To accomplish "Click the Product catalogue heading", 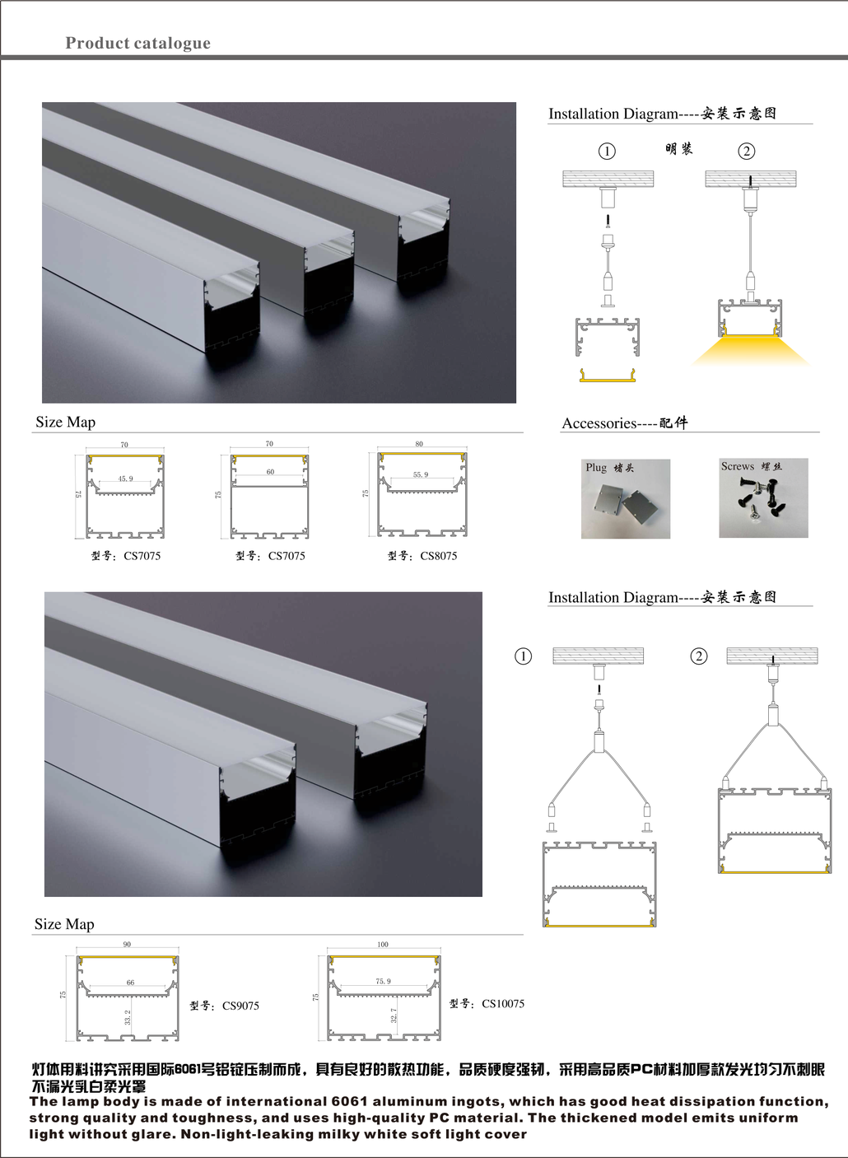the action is click(138, 43).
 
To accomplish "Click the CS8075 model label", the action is click(422, 556).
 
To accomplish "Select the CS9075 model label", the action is click(224, 1006).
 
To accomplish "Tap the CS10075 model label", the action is click(487, 1003).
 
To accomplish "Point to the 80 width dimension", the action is click(419, 444).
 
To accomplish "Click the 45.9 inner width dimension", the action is click(125, 479).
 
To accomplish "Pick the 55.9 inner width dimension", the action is click(421, 474).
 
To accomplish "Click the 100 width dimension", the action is click(382, 944).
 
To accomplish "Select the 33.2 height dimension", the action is click(128, 1017).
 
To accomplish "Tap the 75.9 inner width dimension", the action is click(384, 981).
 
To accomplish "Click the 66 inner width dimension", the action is click(130, 983).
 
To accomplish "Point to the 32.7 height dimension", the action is click(394, 1016).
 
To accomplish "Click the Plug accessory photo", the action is click(625, 499).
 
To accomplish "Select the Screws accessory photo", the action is click(763, 497).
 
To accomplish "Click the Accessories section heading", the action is click(625, 423).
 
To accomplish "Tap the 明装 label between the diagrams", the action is click(678, 149).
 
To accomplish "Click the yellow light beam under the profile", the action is click(750, 352).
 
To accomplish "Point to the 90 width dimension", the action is click(127, 944).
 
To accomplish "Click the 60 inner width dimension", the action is click(270, 471).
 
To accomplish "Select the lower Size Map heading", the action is click(64, 924).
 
